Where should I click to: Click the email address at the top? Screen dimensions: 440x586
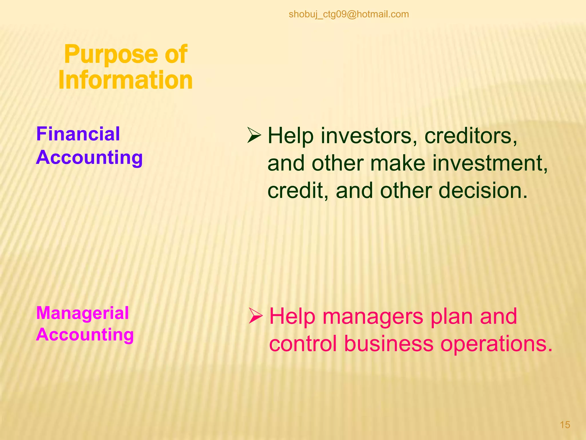coord(349,14)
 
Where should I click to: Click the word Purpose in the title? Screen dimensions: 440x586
coord(111,54)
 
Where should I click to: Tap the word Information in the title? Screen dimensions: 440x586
coord(125,80)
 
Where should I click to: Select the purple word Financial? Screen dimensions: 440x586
coord(78,134)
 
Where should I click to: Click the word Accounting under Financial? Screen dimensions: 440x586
coord(89,158)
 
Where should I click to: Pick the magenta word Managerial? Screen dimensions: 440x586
coord(82,313)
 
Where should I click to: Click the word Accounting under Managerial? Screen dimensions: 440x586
coord(85,335)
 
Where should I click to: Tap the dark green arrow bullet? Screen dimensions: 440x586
coord(254,135)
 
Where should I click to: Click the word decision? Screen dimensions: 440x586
coord(483,190)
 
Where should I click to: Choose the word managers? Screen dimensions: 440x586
coord(373,316)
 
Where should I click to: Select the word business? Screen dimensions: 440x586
coord(389,343)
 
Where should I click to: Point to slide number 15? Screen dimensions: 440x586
coord(565,425)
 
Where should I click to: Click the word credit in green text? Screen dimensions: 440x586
coord(298,190)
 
